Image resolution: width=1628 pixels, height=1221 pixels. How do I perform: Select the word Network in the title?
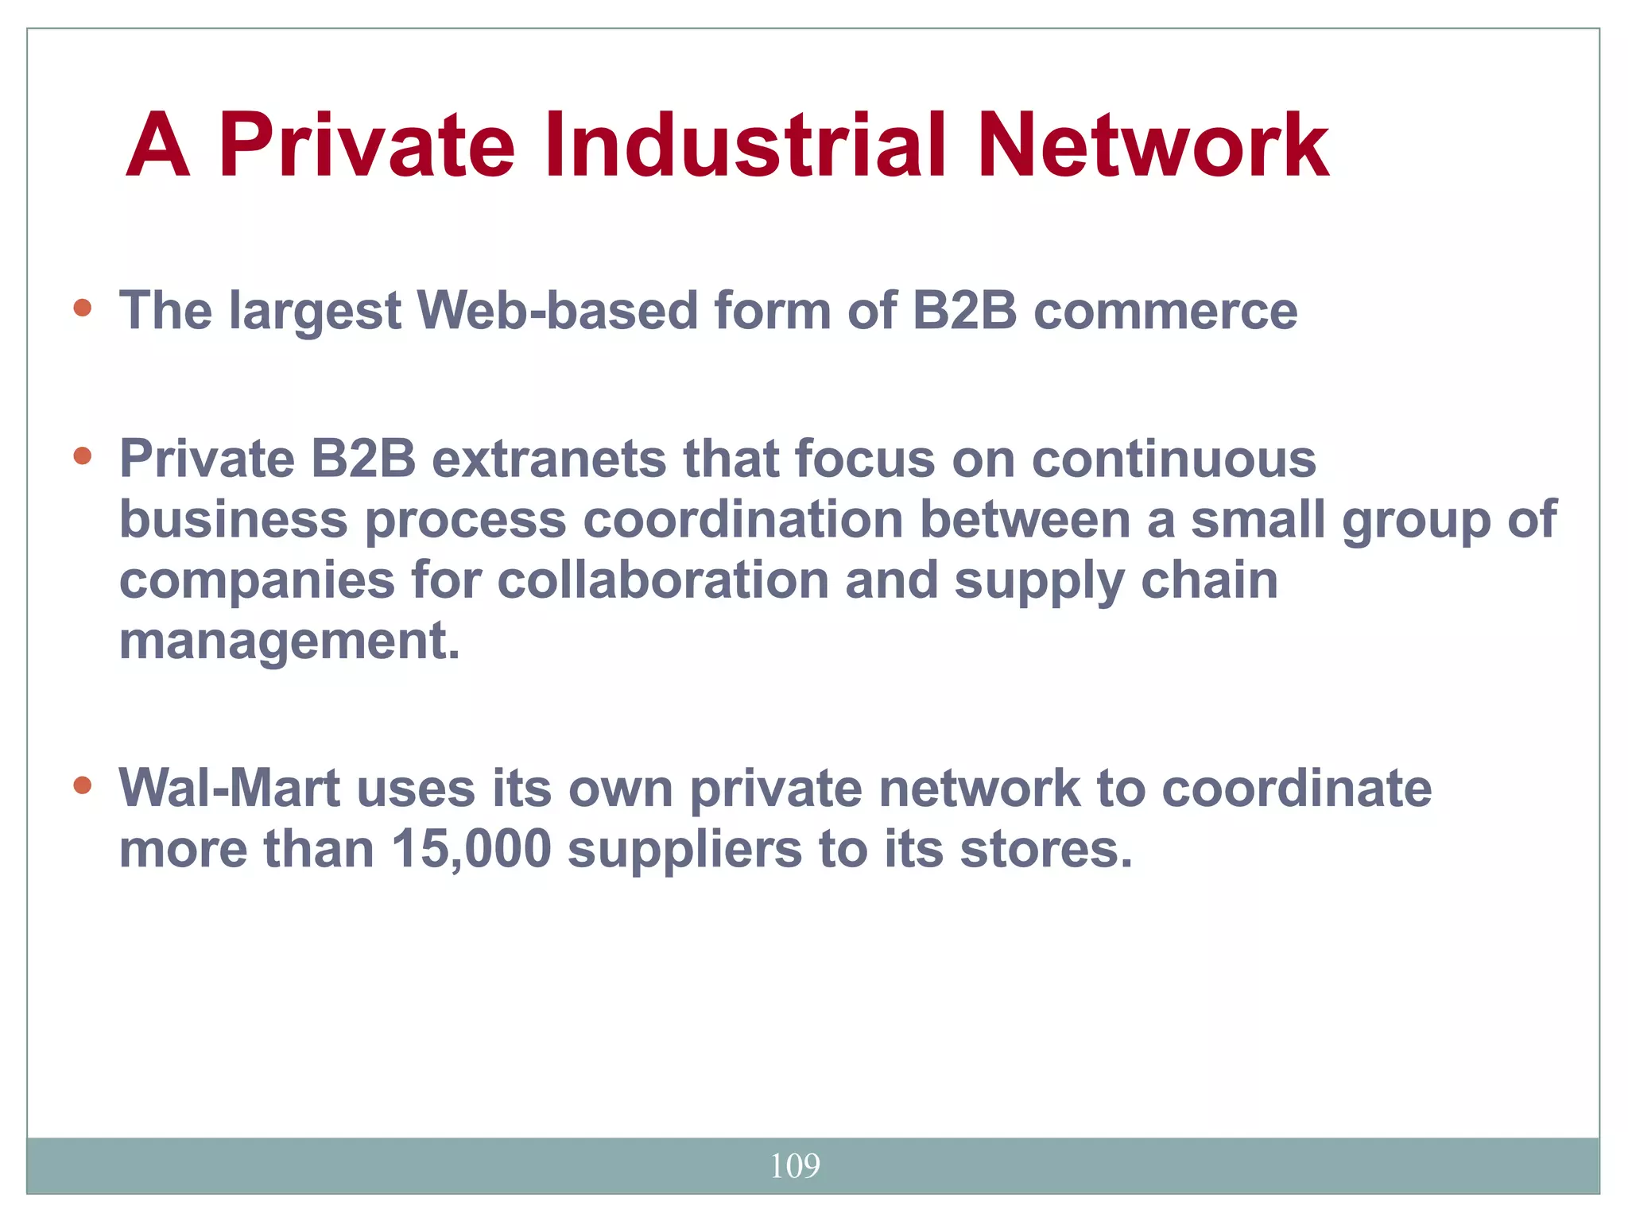(x=1153, y=146)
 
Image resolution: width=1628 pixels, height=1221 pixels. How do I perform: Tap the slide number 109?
(x=795, y=1166)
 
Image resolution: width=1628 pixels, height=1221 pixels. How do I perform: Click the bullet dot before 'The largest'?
(x=82, y=308)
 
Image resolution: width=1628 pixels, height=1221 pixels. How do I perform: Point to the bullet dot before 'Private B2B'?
(x=82, y=455)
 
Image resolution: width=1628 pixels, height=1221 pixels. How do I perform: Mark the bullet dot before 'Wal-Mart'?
(x=82, y=785)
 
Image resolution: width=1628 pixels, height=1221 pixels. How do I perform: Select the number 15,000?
(x=471, y=849)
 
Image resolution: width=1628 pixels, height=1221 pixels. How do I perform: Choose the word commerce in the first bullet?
(x=1165, y=311)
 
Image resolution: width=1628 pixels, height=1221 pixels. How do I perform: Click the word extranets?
(x=548, y=459)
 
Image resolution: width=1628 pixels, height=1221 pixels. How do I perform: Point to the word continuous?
(x=1174, y=459)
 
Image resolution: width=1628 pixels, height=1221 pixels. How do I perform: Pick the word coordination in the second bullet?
(x=743, y=520)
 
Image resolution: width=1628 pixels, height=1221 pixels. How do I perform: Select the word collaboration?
(x=663, y=580)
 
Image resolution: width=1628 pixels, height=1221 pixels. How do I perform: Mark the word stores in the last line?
(x=1045, y=849)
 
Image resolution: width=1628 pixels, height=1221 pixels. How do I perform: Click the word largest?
(x=315, y=311)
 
